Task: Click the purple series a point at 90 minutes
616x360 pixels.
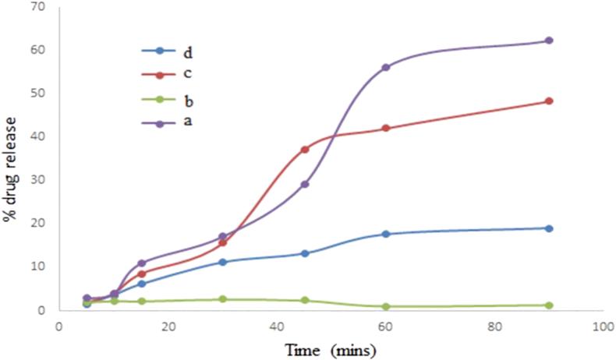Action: [x=549, y=41]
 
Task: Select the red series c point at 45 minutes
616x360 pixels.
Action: [x=305, y=150]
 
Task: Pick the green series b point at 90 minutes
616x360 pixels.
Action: [x=549, y=305]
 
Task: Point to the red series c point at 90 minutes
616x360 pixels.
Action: [x=549, y=101]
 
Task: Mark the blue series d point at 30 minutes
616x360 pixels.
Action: [x=223, y=262]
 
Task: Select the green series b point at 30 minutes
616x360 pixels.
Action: [x=223, y=299]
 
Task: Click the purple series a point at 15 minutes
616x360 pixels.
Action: [x=141, y=263]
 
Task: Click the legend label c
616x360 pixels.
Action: [x=188, y=74]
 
